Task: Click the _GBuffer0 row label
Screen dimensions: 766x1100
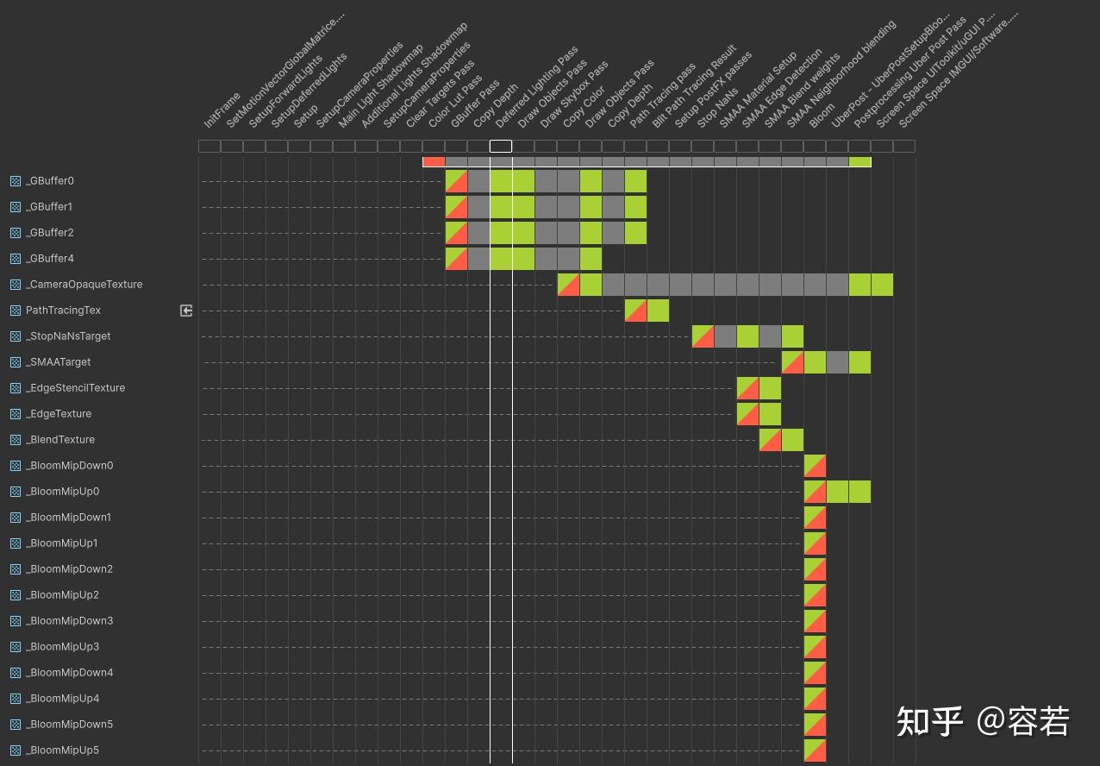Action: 49,181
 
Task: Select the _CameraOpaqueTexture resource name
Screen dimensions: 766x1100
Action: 84,285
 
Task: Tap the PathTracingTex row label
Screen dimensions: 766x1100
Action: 63,311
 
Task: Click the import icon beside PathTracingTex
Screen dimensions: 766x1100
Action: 186,311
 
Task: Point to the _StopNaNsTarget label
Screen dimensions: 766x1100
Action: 68,336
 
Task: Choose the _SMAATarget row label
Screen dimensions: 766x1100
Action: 58,362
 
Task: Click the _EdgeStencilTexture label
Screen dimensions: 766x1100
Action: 75,388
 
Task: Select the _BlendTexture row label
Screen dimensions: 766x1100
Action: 60,440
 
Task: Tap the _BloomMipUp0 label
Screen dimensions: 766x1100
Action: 62,492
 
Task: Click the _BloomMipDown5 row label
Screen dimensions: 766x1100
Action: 69,725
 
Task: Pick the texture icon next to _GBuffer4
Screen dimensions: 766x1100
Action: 16,259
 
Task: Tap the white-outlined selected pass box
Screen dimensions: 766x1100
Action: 501,146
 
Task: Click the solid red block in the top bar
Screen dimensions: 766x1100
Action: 434,162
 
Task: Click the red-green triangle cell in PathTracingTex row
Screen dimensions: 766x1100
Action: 635,311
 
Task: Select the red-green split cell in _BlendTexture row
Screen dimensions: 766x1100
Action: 770,440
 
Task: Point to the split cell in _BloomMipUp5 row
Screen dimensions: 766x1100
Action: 815,750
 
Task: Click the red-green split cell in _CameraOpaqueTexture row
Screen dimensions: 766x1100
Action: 568,285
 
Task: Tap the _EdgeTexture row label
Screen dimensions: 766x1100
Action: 59,414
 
